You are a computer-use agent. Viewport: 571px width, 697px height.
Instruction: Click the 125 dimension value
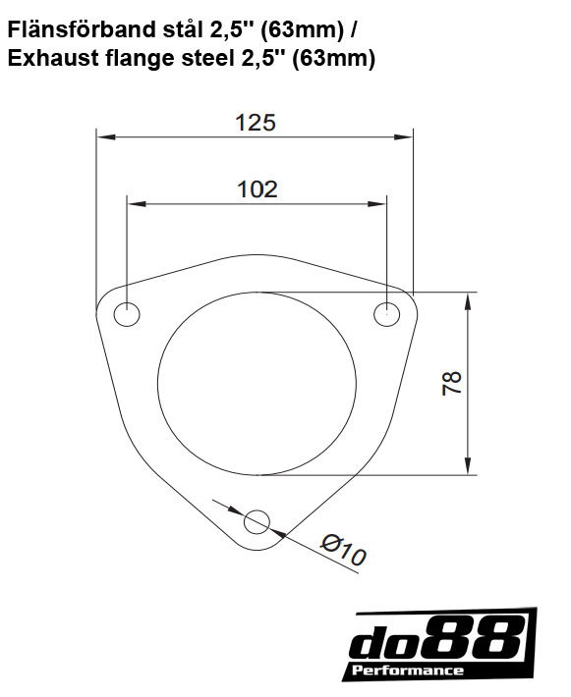coord(256,123)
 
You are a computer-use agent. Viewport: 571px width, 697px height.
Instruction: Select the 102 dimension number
coord(257,189)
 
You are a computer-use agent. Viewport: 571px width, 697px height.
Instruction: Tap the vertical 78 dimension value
coord(452,383)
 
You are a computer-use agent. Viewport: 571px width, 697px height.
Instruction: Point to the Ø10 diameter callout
coord(343,550)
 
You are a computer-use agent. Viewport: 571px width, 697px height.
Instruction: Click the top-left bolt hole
coord(127,314)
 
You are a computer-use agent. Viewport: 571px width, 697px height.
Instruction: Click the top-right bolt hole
coord(387,314)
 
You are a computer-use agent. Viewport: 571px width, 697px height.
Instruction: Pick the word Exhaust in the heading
coord(50,59)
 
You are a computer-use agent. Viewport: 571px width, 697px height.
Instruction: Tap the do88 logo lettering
coord(437,641)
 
